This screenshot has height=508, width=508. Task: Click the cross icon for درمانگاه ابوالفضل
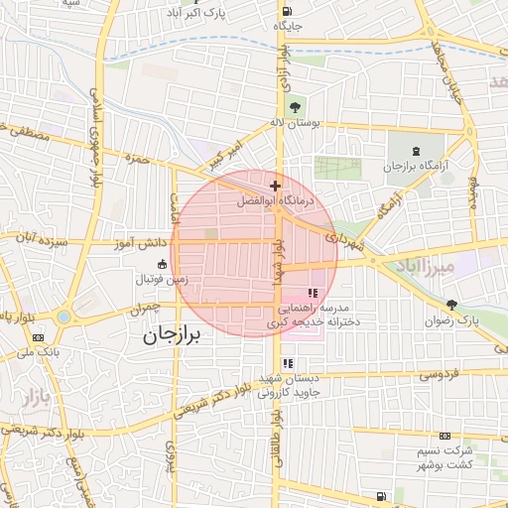pyautogui.click(x=275, y=186)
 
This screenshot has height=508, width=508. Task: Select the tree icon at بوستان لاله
pyautogui.click(x=295, y=106)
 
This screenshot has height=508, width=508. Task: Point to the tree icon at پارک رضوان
pyautogui.click(x=452, y=306)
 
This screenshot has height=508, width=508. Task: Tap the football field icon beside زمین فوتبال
pyautogui.click(x=162, y=264)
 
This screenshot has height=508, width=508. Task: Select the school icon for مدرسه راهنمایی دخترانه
pyautogui.click(x=313, y=293)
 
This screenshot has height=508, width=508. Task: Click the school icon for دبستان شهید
pyautogui.click(x=288, y=364)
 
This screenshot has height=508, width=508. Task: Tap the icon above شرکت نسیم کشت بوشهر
pyautogui.click(x=444, y=435)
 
